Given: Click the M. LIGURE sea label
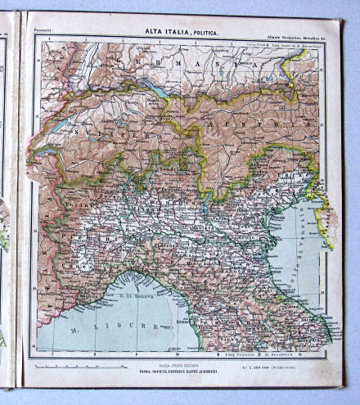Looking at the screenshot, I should (x=106, y=327).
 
